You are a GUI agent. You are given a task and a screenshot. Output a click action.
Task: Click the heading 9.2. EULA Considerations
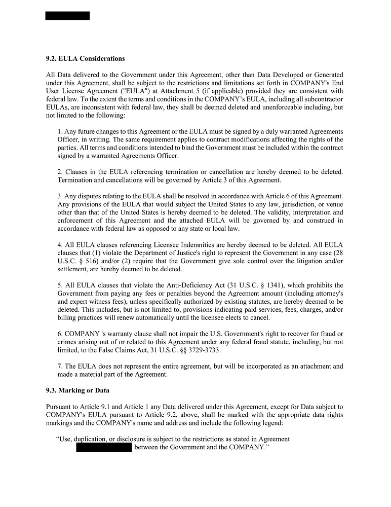(85, 59)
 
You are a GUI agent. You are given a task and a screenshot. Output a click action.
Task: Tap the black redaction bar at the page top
(67, 16)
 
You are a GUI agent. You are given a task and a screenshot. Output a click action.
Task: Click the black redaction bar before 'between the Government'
(104, 447)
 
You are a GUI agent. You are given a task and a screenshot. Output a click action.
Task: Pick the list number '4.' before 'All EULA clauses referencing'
(60, 245)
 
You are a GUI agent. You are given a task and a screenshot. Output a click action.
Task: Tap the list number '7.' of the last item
(60, 366)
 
